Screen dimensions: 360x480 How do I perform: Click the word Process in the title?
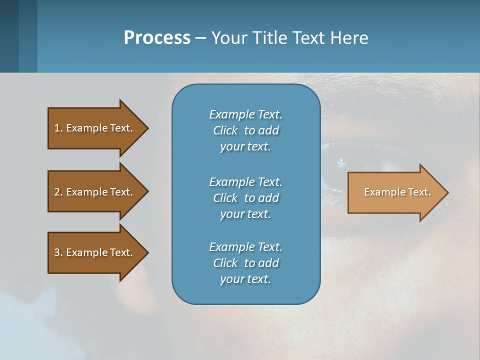(x=157, y=38)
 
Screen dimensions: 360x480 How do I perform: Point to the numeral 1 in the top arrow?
(x=57, y=128)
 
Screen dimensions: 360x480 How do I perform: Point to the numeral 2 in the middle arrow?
(x=57, y=192)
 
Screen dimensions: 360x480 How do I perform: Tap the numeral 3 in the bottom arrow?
(x=57, y=252)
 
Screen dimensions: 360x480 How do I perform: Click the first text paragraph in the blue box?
(x=245, y=130)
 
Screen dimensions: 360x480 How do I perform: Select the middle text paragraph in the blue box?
(x=245, y=197)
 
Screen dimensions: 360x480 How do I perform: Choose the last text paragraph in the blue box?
(x=245, y=263)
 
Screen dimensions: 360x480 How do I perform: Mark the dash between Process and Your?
(x=201, y=38)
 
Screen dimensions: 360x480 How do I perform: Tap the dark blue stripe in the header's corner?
(x=9, y=36)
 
